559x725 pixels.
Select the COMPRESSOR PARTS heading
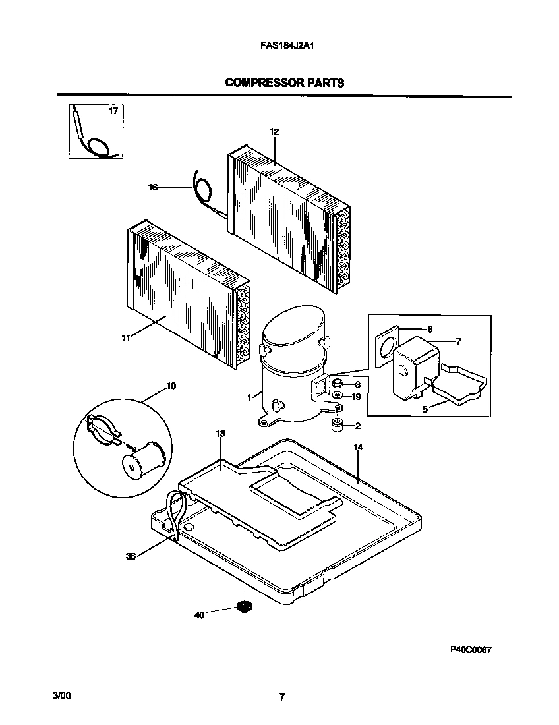[284, 83]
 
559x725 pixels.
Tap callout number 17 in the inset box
[113, 111]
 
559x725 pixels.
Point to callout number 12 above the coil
[274, 132]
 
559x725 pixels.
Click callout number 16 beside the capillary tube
[152, 188]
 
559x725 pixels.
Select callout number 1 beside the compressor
[250, 397]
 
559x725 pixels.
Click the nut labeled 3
[337, 383]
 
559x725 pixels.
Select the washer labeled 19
[337, 396]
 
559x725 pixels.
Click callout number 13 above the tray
[220, 433]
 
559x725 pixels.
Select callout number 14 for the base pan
[358, 447]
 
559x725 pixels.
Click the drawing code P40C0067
[471, 649]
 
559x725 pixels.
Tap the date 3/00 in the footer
[61, 696]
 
